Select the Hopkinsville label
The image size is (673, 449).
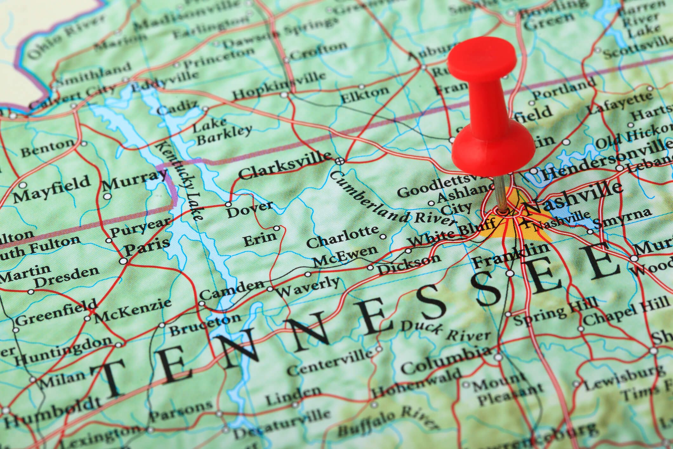(279, 85)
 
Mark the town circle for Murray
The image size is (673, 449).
(108, 196)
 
